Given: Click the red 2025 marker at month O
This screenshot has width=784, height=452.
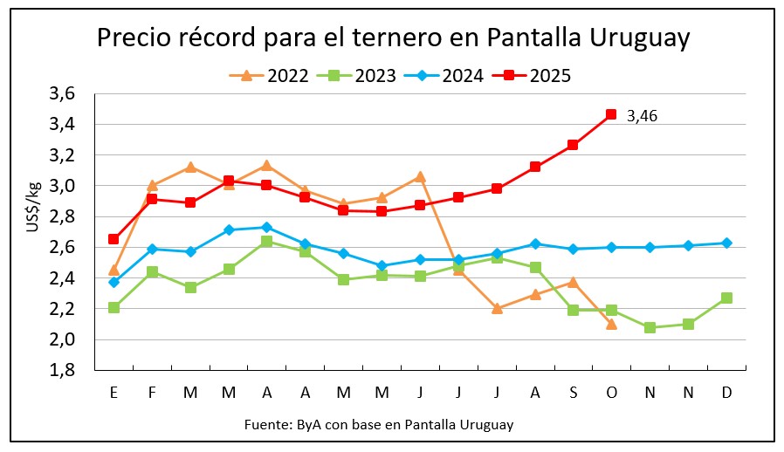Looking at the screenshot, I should (x=611, y=114).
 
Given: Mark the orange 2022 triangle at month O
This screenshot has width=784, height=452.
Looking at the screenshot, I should (x=611, y=324).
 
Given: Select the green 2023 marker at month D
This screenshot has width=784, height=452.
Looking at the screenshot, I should (x=726, y=298).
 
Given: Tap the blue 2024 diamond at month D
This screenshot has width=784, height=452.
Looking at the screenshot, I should (x=726, y=243).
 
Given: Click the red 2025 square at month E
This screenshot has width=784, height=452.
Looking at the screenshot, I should (x=113, y=238).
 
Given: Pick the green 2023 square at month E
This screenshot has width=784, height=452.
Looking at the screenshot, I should (x=113, y=307).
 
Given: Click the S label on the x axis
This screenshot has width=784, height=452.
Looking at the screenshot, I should (x=573, y=393).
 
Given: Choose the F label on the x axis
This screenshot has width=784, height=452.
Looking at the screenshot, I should (x=152, y=393).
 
